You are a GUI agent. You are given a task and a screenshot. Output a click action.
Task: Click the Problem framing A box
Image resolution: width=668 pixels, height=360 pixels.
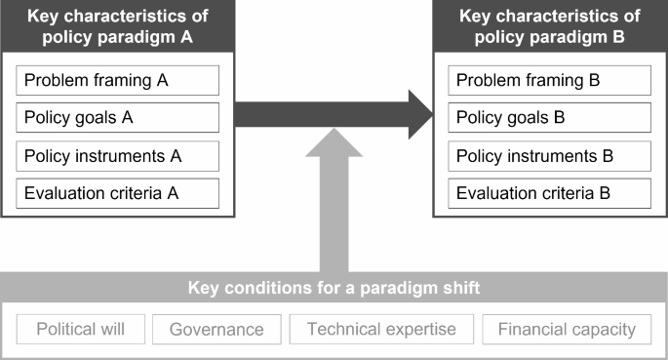click(117, 80)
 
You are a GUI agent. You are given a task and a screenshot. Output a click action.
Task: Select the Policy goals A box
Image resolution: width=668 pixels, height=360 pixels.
click(117, 118)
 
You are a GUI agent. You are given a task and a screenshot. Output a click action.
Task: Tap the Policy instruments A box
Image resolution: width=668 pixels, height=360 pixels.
click(117, 155)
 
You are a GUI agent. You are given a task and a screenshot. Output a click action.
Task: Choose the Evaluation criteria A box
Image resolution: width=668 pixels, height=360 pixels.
click(117, 192)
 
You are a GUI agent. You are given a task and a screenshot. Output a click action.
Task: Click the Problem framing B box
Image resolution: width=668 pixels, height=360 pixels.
click(549, 80)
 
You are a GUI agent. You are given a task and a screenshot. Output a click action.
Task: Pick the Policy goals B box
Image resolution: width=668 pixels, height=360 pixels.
click(549, 118)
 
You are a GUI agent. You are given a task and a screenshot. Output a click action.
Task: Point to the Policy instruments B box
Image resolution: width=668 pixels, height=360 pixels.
click(549, 155)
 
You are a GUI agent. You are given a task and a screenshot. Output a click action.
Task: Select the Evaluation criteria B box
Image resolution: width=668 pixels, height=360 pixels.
click(549, 192)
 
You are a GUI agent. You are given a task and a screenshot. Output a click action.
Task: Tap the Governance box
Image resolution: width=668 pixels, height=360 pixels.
click(216, 329)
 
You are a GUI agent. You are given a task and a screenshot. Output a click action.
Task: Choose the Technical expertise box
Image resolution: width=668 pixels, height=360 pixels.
click(381, 329)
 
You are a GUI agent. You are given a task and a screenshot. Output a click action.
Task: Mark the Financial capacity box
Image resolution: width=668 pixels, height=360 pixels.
click(567, 329)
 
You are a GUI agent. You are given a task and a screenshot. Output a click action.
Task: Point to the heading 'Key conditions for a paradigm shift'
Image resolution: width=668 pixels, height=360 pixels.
click(334, 289)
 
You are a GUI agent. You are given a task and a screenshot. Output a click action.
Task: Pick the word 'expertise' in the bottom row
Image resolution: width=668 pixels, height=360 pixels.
click(420, 329)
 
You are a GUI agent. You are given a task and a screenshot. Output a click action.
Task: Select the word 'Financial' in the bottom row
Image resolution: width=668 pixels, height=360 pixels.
click(531, 329)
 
